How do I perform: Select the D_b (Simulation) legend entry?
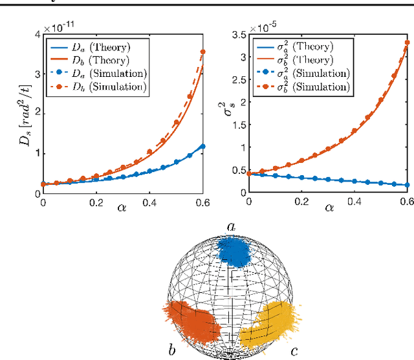pyautogui.click(x=91, y=87)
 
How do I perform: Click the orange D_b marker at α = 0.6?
pyautogui.click(x=204, y=52)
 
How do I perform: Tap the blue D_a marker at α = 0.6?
pyautogui.click(x=204, y=146)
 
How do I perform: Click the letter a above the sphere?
pyautogui.click(x=230, y=226)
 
